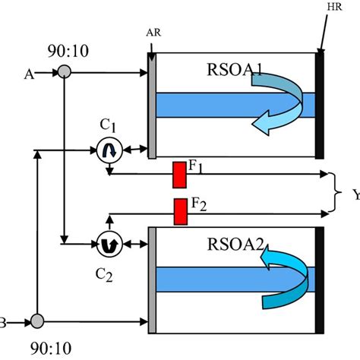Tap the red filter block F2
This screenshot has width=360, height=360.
point(181,211)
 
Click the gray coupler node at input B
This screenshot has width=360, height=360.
point(36,321)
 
